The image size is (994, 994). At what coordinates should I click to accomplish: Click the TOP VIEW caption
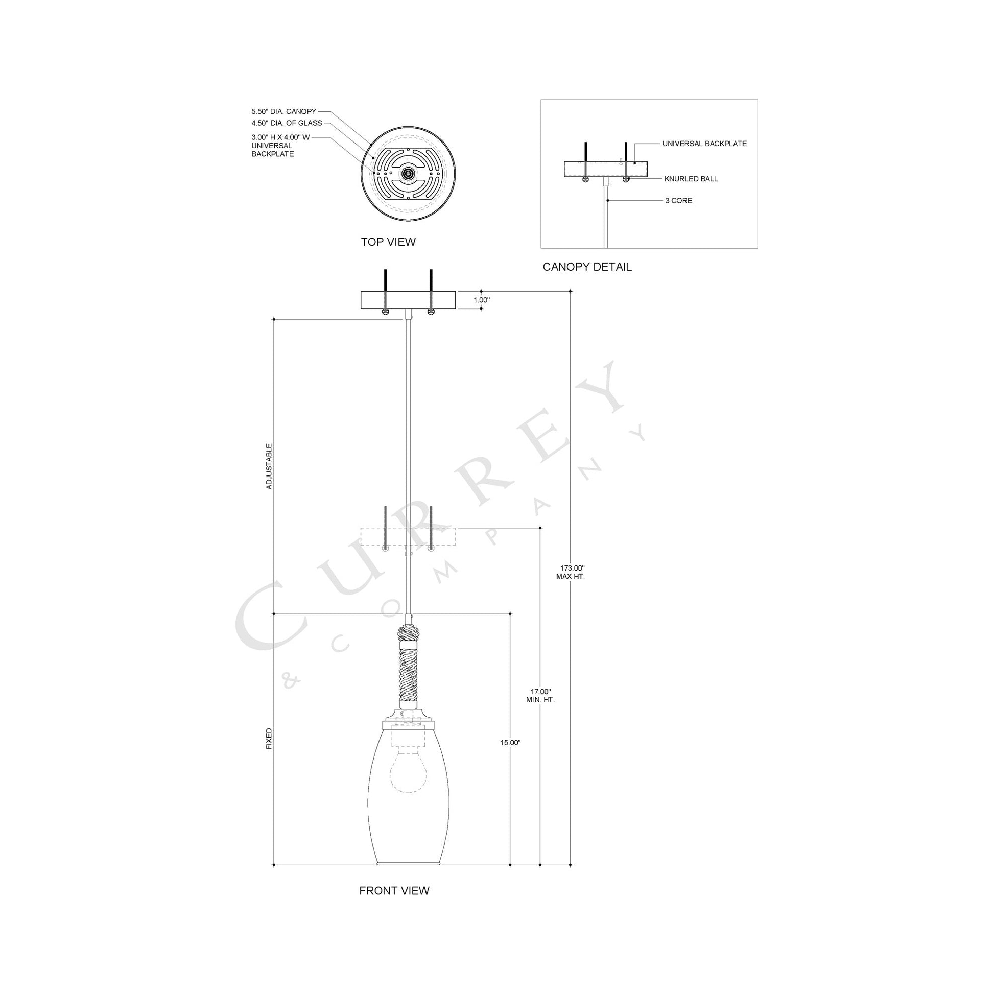point(388,242)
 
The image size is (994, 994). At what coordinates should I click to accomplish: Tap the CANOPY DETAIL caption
point(587,267)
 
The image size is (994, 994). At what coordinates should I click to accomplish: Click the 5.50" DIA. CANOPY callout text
point(283,112)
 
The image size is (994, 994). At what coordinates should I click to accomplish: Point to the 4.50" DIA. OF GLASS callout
point(287,123)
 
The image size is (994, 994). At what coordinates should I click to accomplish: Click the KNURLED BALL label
point(691,179)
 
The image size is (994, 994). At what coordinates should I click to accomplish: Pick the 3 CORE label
point(679,201)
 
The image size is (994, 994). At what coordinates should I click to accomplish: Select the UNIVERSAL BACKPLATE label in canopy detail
point(704,144)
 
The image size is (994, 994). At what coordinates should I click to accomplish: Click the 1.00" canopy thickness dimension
point(482,299)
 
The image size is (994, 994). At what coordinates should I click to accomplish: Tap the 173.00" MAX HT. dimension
point(571,572)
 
